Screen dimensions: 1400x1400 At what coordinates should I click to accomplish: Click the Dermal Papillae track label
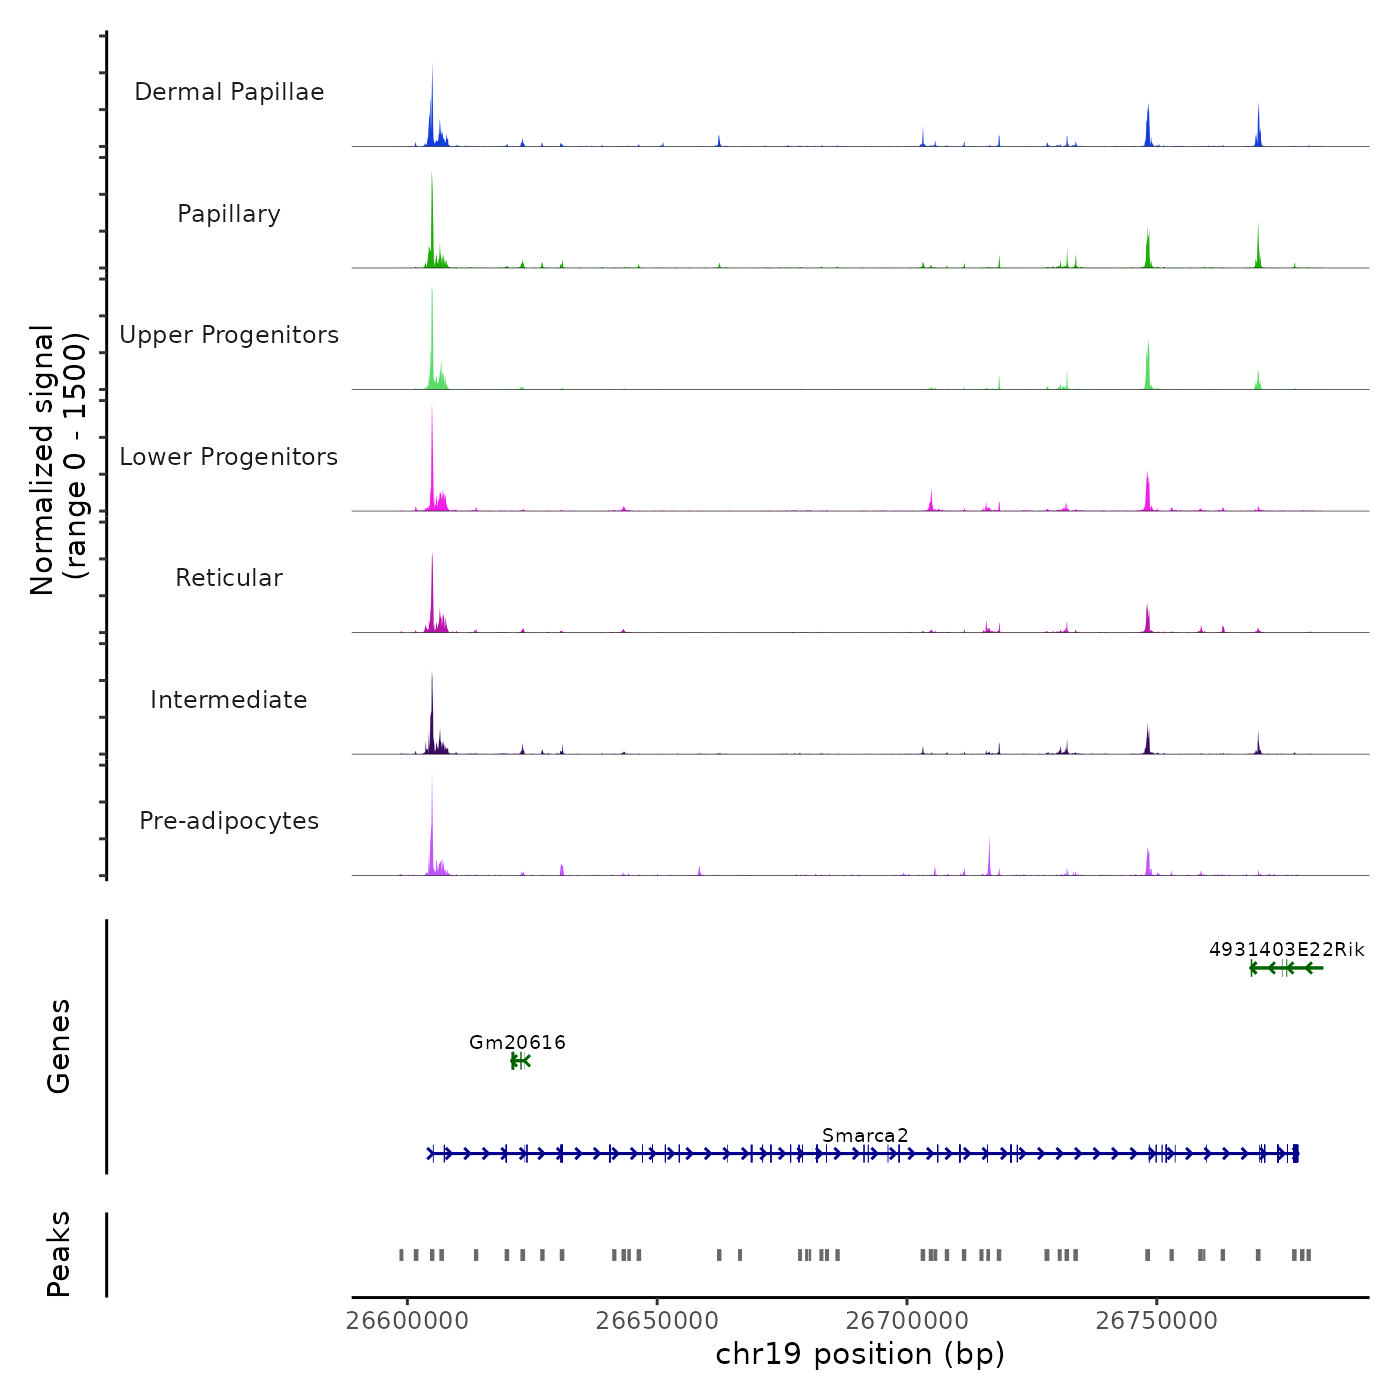229,92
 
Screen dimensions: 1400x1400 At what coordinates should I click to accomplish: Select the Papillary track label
229,214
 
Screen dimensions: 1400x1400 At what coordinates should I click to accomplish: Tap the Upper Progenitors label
229,335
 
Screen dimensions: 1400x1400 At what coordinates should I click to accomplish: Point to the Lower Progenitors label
229,457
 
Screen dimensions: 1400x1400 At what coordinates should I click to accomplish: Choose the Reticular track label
229,578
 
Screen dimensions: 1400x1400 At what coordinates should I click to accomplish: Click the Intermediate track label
229,700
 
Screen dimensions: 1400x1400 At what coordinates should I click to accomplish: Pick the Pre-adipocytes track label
229,821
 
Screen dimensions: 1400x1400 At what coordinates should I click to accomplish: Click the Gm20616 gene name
517,1043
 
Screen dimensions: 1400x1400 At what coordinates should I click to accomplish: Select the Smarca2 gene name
865,1135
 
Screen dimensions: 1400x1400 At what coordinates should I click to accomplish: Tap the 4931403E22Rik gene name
1286,950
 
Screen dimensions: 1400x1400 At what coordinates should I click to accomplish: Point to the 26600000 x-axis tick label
407,1321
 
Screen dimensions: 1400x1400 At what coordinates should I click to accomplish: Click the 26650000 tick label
657,1321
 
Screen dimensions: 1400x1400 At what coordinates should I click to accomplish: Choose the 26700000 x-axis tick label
907,1321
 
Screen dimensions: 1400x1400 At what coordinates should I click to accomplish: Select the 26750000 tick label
1157,1321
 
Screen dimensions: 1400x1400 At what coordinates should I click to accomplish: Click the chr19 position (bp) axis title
860,1354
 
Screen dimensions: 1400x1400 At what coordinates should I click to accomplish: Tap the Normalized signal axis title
58,460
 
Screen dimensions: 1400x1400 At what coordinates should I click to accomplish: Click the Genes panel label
59,1046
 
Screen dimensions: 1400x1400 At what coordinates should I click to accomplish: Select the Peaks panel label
59,1254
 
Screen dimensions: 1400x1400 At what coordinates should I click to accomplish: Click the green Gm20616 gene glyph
519,1061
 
